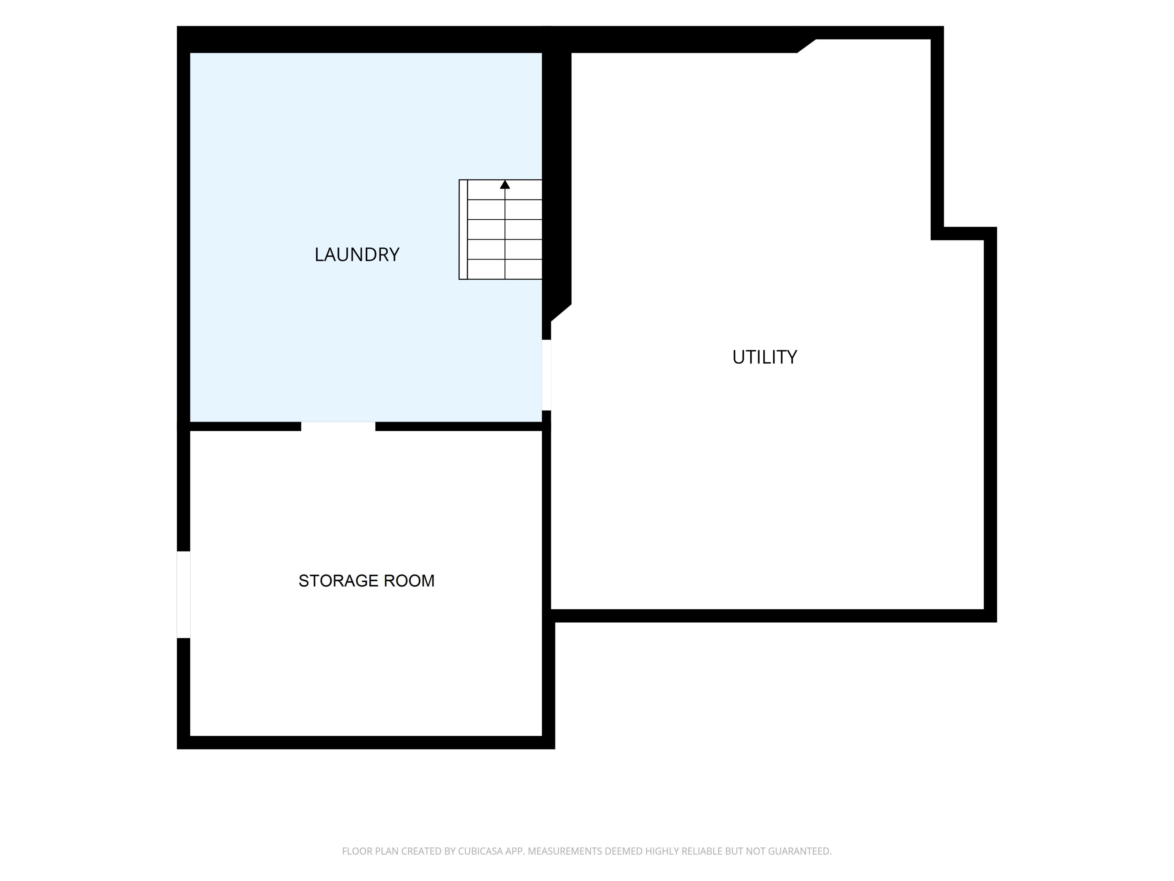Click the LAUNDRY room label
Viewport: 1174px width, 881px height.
(x=357, y=255)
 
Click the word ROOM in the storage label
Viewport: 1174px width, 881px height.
(x=409, y=581)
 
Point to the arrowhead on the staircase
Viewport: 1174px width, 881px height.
(x=505, y=184)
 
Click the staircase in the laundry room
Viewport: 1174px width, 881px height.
(x=500, y=229)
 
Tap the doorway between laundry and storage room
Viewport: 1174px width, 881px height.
(x=338, y=426)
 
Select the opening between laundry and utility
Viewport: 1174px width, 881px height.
(x=546, y=375)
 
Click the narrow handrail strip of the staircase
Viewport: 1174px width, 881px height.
(x=463, y=229)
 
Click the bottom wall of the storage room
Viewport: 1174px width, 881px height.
(x=366, y=742)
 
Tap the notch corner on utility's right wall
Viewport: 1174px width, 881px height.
(x=937, y=234)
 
